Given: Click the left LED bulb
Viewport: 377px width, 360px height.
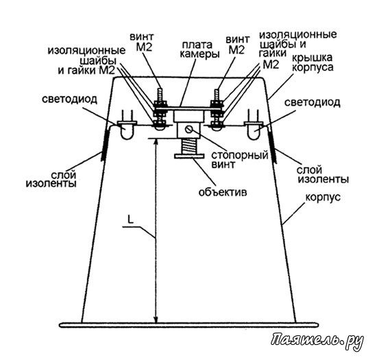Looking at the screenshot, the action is pos(126,132).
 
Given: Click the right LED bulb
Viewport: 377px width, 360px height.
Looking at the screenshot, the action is pos(254,132).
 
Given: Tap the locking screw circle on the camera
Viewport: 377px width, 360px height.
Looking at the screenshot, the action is pos(188,130).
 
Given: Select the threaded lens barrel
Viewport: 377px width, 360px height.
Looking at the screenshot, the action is pos(189,146).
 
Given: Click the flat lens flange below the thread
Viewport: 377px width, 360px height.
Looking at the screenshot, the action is pos(189,156).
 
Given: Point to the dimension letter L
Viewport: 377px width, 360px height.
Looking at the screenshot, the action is pos(130,219).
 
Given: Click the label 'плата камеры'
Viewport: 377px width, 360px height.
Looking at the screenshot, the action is pos(199,49).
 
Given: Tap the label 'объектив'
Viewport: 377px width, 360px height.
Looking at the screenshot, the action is pos(223,193).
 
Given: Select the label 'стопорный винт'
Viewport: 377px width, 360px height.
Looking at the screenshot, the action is pos(239,160).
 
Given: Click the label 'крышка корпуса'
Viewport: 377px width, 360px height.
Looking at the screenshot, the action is pos(312,62).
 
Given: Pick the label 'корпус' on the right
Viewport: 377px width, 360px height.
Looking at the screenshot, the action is pos(323,197).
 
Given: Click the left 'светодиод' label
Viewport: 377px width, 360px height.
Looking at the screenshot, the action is pos(69,99).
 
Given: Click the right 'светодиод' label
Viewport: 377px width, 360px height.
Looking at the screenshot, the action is pos(312,103).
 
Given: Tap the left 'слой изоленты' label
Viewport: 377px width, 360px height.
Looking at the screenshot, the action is pos(51,179).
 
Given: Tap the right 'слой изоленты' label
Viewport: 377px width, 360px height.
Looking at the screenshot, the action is pos(323,175).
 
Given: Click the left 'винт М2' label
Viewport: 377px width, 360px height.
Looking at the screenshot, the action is pos(142,42).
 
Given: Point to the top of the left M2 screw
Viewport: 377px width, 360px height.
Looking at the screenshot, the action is pos(160,89).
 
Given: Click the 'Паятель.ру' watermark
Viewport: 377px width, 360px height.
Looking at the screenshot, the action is pos(317,341).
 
